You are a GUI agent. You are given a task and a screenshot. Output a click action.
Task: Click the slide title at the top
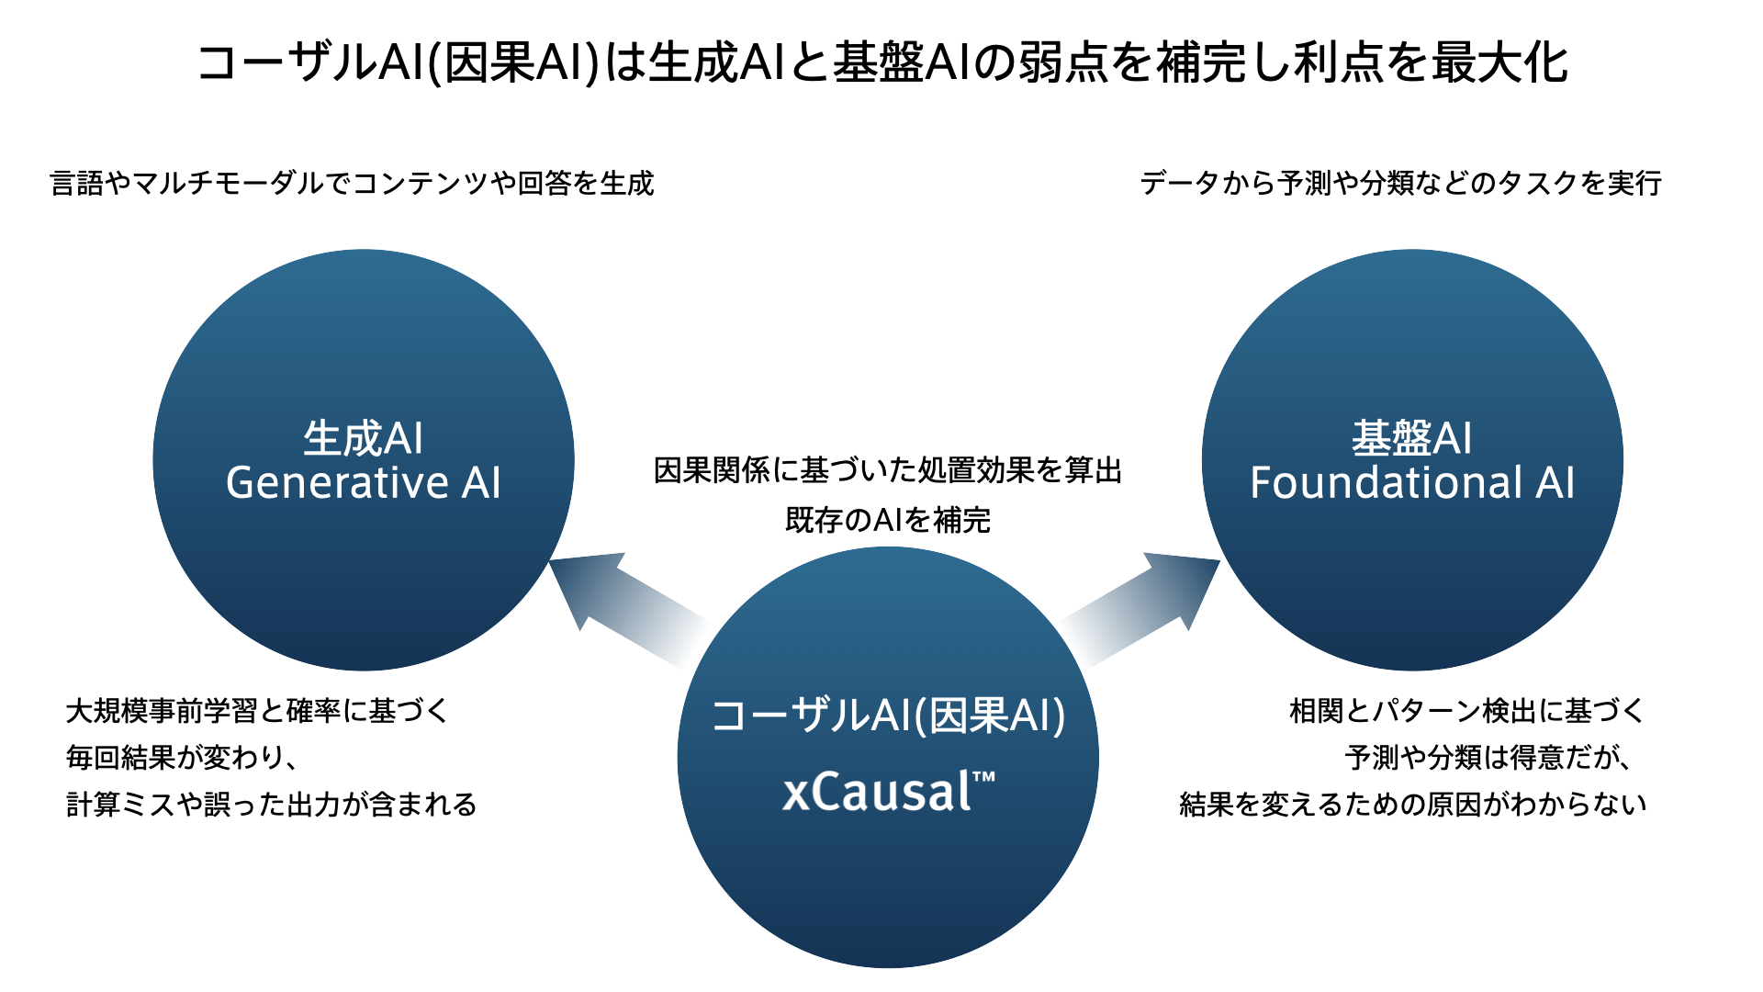click(881, 62)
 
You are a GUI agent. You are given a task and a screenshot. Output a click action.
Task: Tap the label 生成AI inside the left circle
click(364, 438)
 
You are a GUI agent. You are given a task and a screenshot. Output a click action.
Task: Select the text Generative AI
click(364, 483)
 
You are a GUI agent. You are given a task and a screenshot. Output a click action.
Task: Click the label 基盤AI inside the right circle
click(1412, 438)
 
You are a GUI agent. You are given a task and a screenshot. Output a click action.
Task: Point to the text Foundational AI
click(1412, 483)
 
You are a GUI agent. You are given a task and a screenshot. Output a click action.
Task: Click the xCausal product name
click(877, 792)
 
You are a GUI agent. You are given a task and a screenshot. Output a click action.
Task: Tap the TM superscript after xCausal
click(983, 778)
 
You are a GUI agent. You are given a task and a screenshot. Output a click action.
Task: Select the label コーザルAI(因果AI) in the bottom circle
click(888, 716)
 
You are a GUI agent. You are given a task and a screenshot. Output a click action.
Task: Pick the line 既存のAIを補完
click(888, 520)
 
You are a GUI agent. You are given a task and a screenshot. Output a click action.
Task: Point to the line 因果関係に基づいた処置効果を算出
click(888, 470)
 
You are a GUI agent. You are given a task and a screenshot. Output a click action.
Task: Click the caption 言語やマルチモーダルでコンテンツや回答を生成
click(353, 184)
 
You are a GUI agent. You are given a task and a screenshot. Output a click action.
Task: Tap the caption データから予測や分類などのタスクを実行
click(1400, 184)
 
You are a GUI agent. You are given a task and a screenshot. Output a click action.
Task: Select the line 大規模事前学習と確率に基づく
click(257, 711)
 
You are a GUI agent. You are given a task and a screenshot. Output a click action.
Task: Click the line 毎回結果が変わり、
click(182, 758)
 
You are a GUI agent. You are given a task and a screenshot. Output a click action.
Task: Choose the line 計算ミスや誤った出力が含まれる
click(272, 805)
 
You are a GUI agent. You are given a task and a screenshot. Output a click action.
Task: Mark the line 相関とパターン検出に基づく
click(1466, 711)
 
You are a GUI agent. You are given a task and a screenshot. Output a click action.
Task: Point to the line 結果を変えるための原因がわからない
click(1412, 805)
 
